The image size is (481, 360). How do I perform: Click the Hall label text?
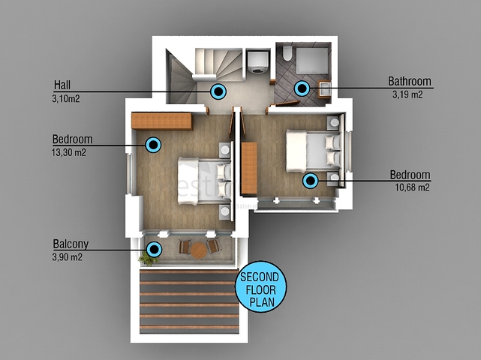[62, 85]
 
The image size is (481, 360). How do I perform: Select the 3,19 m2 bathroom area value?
[407, 94]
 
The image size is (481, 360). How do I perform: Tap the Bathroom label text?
[410, 81]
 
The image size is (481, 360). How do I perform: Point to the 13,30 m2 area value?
[69, 152]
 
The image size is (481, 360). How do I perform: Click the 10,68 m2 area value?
[412, 187]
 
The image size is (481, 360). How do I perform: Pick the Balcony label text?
[71, 244]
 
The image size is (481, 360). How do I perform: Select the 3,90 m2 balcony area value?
[68, 257]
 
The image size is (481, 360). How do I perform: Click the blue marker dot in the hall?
[218, 91]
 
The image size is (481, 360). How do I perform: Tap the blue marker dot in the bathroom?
[302, 88]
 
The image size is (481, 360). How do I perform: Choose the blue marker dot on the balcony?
[154, 249]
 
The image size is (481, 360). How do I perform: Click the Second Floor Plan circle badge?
[261, 287]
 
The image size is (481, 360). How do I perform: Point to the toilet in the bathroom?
[287, 53]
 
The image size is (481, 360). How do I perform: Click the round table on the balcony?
[199, 250]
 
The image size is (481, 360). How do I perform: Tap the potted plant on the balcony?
[147, 258]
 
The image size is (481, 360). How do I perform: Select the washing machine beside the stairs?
[258, 62]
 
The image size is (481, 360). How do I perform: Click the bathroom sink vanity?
[324, 89]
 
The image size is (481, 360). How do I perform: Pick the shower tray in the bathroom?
[312, 61]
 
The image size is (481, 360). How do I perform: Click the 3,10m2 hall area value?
[66, 99]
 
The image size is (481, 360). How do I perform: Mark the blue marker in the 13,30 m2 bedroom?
[153, 145]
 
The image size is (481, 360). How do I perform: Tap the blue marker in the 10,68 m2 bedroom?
[311, 181]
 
